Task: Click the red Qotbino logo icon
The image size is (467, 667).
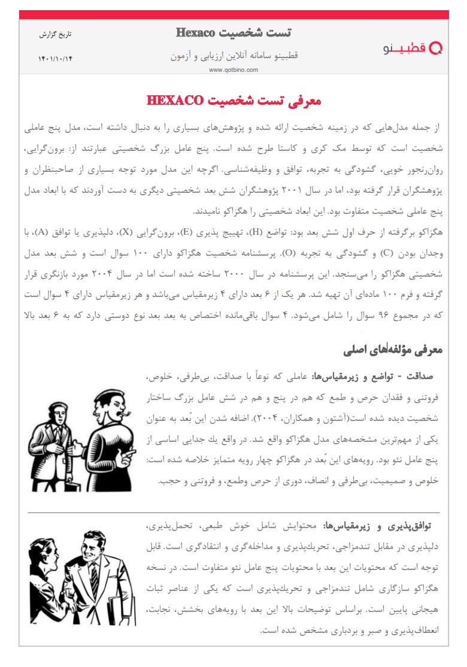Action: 437,48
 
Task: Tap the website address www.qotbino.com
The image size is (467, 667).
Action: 233,69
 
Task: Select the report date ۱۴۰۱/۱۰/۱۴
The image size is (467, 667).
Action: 54,58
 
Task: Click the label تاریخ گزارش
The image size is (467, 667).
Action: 55,35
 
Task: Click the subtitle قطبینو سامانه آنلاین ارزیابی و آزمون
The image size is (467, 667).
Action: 234,56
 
